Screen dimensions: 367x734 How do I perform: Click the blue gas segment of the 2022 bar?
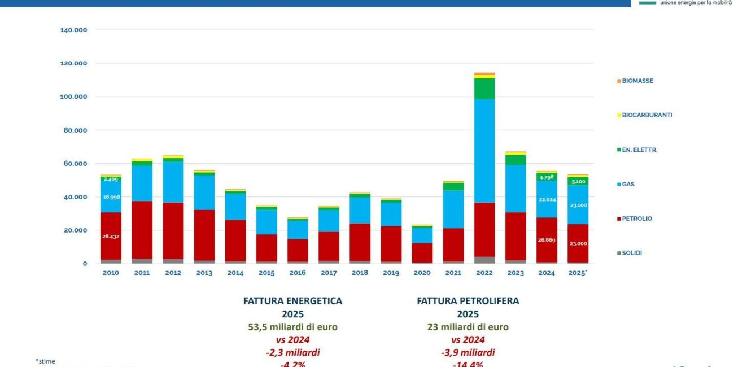pos(484,151)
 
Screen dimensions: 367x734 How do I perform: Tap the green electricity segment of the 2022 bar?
pos(484,88)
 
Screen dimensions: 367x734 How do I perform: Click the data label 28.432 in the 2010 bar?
pos(111,237)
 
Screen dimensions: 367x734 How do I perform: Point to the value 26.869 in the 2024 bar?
pos(546,240)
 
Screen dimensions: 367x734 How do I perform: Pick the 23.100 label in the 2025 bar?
pos(577,205)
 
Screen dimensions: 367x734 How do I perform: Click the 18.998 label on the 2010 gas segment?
pos(111,196)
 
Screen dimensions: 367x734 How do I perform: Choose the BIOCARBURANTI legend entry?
pos(646,115)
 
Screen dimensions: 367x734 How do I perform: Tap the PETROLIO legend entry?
pos(636,219)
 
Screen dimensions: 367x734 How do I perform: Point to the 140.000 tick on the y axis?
pos(73,30)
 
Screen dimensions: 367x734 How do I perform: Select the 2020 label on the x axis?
pos(422,273)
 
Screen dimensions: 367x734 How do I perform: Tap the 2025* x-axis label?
pos(578,273)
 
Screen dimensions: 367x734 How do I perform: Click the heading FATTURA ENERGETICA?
pos(292,301)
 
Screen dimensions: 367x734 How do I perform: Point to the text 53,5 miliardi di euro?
pos(292,327)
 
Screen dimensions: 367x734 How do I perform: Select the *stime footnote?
pos(46,361)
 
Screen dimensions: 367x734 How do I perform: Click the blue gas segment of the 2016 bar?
pos(298,229)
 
